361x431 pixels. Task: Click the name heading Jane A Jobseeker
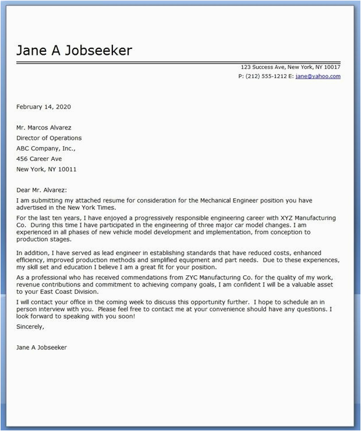point(74,51)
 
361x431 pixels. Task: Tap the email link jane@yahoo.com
point(318,76)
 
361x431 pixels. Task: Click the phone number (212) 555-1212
point(266,76)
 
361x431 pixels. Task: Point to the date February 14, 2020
point(44,107)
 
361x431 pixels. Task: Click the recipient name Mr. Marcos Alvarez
point(46,128)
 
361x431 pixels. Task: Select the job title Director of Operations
point(49,138)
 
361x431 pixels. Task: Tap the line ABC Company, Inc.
point(45,149)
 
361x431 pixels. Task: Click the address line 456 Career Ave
point(39,159)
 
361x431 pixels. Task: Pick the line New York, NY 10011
point(46,169)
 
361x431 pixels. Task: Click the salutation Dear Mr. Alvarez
point(41,190)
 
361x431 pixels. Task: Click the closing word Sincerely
point(30,327)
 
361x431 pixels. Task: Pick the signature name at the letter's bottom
point(42,347)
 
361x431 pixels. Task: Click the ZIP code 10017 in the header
point(332,67)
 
